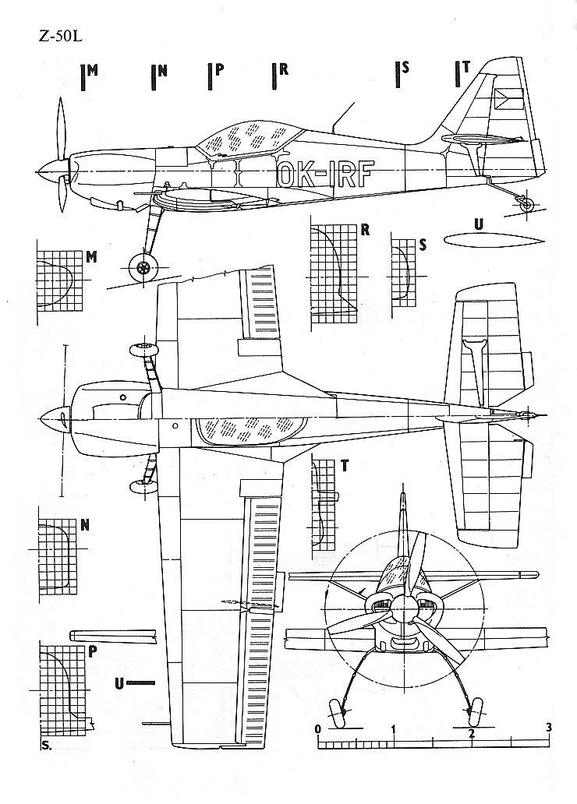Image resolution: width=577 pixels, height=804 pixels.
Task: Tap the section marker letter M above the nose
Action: click(x=94, y=70)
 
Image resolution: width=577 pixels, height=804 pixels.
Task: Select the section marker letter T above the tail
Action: click(x=465, y=68)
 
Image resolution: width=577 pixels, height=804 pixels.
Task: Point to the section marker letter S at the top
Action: click(x=405, y=68)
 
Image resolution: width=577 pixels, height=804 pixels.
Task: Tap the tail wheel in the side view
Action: click(x=527, y=203)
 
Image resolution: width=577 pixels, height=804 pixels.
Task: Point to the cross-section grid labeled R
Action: click(x=333, y=273)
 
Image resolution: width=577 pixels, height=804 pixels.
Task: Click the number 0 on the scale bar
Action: click(x=318, y=730)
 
